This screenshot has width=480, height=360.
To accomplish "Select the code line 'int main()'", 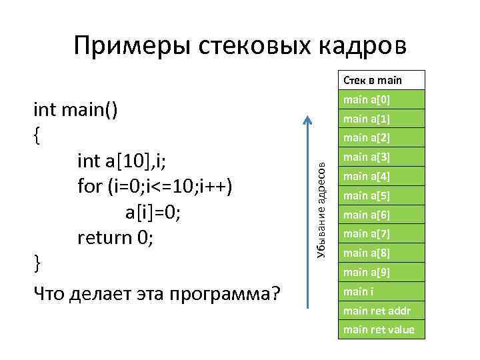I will (x=76, y=109).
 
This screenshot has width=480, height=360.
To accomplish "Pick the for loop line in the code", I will (x=155, y=186).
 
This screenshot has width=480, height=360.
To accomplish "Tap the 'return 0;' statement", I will (x=115, y=237).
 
